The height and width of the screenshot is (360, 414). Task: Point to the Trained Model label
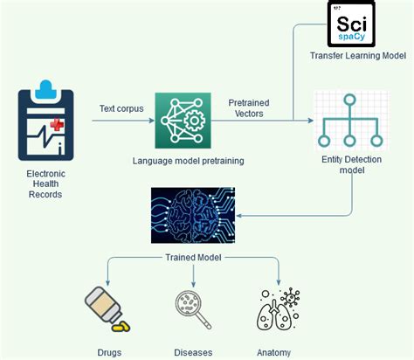click(x=194, y=258)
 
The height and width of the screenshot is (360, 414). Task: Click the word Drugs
click(x=109, y=352)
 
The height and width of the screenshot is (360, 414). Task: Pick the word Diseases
click(x=192, y=352)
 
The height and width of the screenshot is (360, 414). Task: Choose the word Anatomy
click(x=273, y=352)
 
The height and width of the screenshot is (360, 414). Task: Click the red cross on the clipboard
click(x=57, y=126)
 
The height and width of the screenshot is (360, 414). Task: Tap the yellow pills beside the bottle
click(x=121, y=327)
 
